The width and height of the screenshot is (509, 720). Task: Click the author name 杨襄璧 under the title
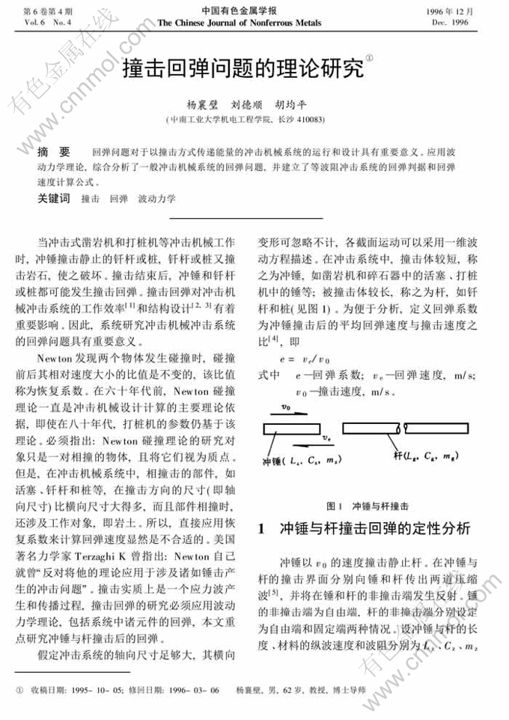pos(200,105)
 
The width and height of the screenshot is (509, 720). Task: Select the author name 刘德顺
pos(246,105)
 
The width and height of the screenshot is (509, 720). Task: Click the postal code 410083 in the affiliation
pos(309,119)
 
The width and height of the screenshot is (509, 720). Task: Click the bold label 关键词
pos(54,199)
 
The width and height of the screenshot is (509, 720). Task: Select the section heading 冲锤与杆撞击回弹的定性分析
pos(374,528)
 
